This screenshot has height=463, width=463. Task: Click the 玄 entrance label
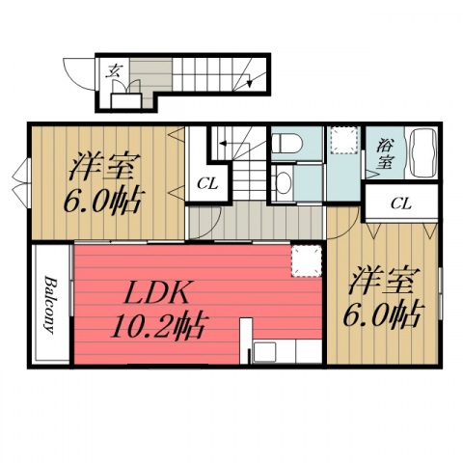tap(114, 70)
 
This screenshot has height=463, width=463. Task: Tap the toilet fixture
tap(286, 143)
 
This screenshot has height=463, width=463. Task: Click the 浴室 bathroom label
tap(385, 153)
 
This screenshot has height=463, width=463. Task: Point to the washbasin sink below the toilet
tap(283, 183)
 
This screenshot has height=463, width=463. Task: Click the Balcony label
tap(50, 305)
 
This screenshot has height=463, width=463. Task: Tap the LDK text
tap(156, 292)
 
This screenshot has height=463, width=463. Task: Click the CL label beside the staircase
tap(207, 184)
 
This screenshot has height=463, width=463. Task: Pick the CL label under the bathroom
tap(401, 204)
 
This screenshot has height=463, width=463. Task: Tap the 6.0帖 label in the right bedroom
tap(382, 314)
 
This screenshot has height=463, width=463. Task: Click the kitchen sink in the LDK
tap(264, 352)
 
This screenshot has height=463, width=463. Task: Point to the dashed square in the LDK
tap(306, 261)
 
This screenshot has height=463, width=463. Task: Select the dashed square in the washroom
tap(344, 140)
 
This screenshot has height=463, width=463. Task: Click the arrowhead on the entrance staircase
tap(249, 83)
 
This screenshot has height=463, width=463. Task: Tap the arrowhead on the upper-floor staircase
tap(223, 144)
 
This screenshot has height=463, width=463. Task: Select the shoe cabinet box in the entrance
tap(125, 100)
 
